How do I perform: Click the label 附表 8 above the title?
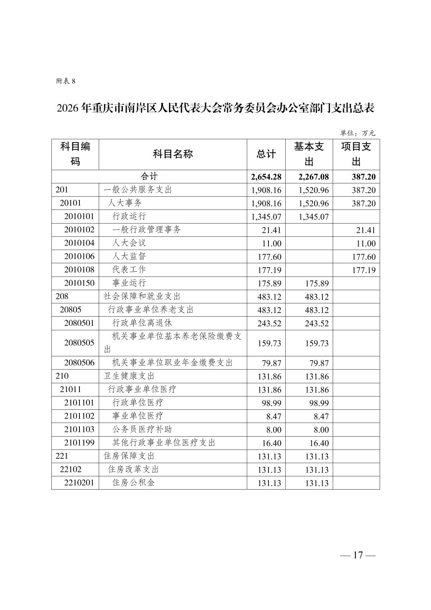point(65,81)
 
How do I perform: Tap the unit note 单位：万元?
point(357,133)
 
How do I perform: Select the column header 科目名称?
point(173,154)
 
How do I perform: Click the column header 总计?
point(266,154)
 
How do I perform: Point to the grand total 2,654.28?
point(266,177)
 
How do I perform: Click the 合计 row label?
point(149,176)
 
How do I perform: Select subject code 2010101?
point(79,216)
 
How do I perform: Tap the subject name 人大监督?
point(129,256)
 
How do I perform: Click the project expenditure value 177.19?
point(364,270)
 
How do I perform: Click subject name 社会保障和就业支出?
point(142,296)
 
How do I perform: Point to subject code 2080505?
point(79,343)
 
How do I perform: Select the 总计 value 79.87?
point(271,363)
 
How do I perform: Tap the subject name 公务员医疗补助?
point(142,429)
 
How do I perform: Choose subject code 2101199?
point(79,443)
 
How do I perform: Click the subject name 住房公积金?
point(133,482)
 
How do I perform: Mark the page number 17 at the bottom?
point(358,555)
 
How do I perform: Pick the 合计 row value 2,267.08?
point(313,177)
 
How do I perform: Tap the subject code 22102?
point(71,469)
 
